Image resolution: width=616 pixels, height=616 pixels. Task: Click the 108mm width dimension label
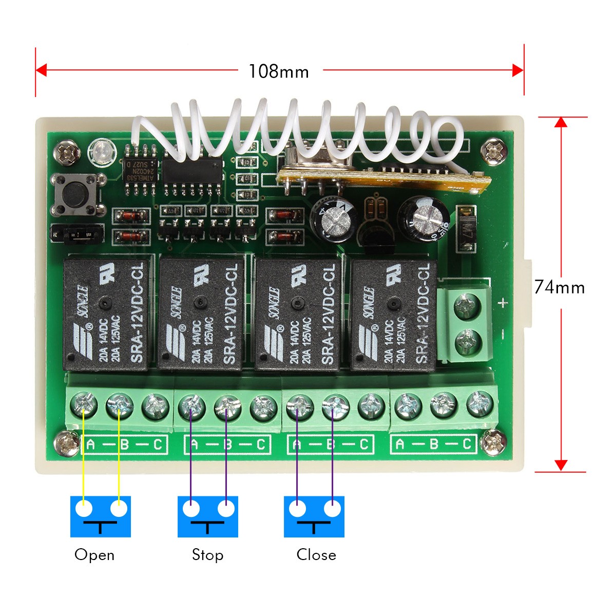tap(279, 71)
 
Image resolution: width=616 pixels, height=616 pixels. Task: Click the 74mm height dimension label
tap(559, 287)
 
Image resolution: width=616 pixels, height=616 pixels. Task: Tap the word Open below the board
tap(94, 555)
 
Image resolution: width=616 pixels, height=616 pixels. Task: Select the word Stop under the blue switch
tap(207, 555)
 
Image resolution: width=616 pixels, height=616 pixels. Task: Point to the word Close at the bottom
tap(316, 555)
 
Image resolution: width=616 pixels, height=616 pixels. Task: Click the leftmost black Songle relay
tap(107, 314)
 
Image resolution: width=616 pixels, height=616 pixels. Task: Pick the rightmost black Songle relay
tap(393, 314)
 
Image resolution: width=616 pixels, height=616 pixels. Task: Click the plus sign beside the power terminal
tap(503, 303)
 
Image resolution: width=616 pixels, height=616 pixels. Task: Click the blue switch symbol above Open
tap(101, 516)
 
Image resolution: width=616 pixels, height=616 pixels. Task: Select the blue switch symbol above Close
tap(314, 516)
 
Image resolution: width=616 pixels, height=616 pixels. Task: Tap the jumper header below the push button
tap(77, 235)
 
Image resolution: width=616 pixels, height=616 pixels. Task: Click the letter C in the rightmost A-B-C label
tap(467, 444)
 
